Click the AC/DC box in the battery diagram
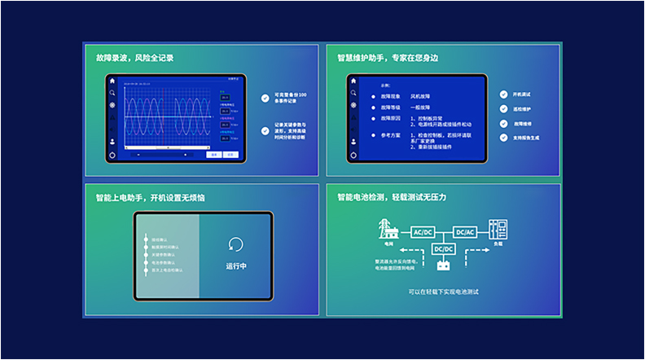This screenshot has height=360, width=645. pos(423,232)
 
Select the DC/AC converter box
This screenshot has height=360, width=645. pos(465,232)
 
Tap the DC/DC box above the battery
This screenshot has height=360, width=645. pos(444,248)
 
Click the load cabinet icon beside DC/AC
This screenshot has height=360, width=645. pos(498,229)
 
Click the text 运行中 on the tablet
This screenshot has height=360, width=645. pos(235,266)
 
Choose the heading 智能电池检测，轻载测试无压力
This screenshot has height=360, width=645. pos(392,197)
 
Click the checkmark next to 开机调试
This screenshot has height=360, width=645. pos(504,94)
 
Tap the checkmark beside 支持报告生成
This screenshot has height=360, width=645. pos(504,138)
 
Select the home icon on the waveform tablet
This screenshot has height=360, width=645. pos(112,81)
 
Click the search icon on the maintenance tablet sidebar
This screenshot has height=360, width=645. pos(353,94)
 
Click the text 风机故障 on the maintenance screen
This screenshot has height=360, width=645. pos(422,96)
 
